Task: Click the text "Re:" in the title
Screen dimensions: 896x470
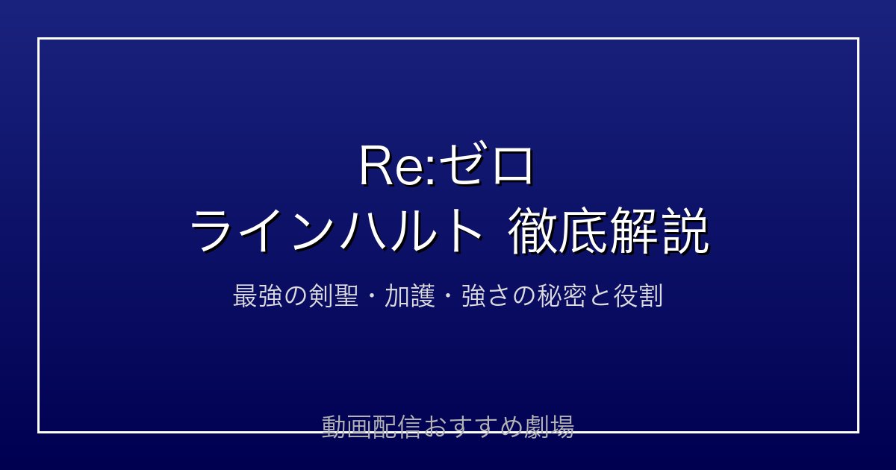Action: click(x=398, y=166)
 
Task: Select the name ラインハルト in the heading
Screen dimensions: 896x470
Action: click(x=336, y=232)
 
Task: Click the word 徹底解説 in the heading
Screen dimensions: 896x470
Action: click(x=608, y=231)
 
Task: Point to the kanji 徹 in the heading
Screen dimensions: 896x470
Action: click(x=532, y=231)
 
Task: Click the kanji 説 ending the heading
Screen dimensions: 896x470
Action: click(x=685, y=231)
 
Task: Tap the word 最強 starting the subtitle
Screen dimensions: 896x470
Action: click(x=258, y=295)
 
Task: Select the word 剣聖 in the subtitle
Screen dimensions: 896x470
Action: click(x=334, y=295)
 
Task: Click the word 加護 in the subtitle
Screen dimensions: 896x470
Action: click(x=410, y=295)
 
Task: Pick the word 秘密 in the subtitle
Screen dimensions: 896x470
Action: click(x=562, y=295)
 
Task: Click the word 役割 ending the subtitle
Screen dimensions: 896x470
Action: click(x=638, y=295)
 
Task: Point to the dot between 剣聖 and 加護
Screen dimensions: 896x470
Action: click(x=372, y=296)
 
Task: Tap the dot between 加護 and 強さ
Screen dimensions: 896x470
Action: click(x=448, y=296)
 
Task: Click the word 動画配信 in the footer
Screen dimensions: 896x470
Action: click(x=372, y=427)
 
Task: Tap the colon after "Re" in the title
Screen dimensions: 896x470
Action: click(x=431, y=172)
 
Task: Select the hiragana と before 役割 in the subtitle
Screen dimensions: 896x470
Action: click(x=600, y=296)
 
